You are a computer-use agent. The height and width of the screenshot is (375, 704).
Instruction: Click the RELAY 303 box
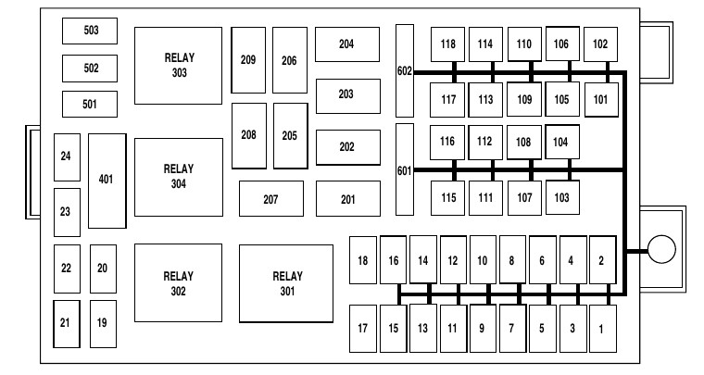(178, 65)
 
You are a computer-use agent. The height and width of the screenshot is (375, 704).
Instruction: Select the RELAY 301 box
(286, 282)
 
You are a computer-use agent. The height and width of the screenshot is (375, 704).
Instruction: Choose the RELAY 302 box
(178, 282)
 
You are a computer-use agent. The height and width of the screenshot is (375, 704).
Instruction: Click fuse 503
(90, 31)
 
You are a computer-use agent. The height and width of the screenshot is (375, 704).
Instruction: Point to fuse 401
(106, 180)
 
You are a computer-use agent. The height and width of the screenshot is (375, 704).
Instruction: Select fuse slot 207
(270, 198)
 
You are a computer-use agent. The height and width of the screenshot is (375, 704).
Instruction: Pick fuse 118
(448, 44)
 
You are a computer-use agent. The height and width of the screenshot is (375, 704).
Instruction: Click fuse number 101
(600, 99)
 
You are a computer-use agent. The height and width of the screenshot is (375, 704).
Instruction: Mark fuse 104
(561, 142)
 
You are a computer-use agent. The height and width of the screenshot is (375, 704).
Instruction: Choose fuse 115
(448, 197)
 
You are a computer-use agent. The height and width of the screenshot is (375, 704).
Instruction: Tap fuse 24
(66, 157)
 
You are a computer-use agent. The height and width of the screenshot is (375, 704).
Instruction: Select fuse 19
(102, 323)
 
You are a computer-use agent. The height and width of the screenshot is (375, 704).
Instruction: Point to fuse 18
(363, 260)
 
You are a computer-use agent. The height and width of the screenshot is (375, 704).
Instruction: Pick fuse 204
(346, 44)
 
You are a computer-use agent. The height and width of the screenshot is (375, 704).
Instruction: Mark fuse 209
(247, 60)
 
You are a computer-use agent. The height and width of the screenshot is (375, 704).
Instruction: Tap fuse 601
(405, 169)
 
